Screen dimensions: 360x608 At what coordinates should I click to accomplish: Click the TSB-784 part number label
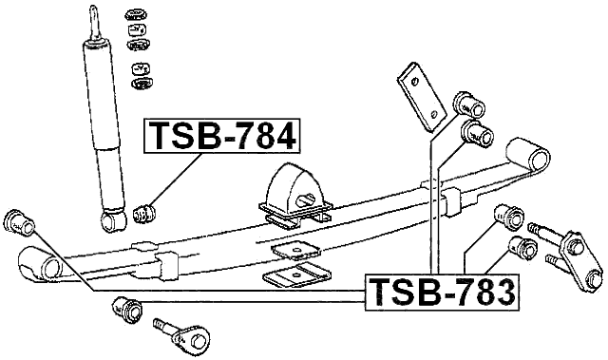221,138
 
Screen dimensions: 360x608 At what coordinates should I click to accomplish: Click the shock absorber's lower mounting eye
114,221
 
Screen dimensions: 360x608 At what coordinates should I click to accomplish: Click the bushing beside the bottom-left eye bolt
124,308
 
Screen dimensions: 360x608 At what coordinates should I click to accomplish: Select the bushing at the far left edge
20,222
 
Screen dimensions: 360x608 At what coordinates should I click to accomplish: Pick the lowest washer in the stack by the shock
142,83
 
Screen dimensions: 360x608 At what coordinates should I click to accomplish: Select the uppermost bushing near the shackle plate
466,102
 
